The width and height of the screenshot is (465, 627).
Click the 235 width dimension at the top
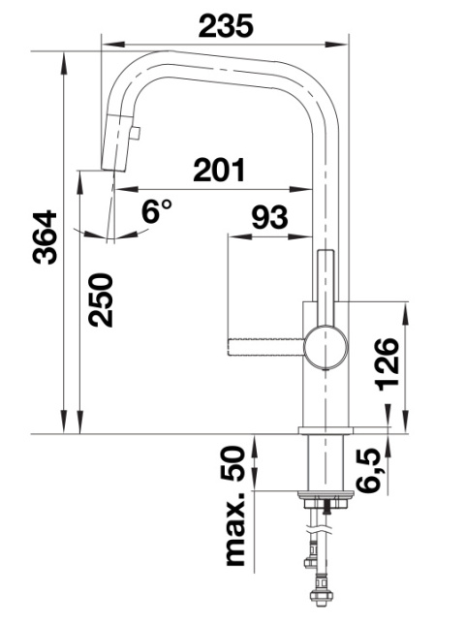pos(226,25)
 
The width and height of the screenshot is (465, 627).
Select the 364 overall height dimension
pos(45,237)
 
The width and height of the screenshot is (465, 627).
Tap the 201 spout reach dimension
pos(219,170)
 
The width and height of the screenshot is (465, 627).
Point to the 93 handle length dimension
pos(269,217)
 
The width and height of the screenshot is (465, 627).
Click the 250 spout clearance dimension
pos(101,299)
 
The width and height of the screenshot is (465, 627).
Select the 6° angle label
pos(157,211)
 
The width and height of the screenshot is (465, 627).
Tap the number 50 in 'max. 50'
pos(232,464)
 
